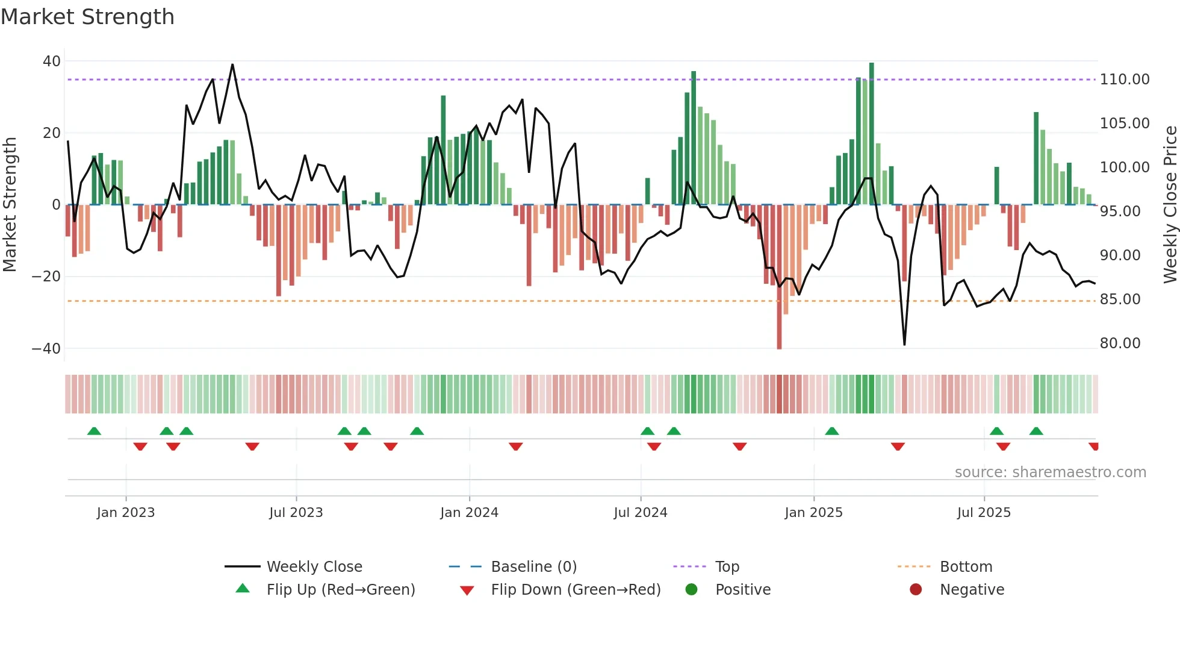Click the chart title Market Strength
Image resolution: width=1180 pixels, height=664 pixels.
(x=87, y=17)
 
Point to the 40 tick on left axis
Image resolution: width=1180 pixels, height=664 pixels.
(x=52, y=61)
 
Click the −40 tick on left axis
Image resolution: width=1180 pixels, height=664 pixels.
(x=46, y=348)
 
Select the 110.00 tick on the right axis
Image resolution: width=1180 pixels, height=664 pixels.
(x=1125, y=80)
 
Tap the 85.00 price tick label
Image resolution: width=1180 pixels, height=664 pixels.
(x=1120, y=299)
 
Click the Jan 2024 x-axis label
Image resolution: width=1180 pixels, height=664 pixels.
(x=469, y=513)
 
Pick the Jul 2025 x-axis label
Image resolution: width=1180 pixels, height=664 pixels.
(x=984, y=513)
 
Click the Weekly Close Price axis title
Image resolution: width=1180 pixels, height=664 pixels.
(x=1170, y=204)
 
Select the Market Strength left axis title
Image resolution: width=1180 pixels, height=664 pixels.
(x=10, y=204)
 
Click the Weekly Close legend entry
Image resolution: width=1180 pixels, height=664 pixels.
(x=314, y=567)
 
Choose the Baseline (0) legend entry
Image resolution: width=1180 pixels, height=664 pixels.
(x=533, y=567)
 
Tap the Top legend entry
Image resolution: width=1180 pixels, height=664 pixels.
(x=727, y=567)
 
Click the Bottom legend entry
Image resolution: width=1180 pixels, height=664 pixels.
(x=966, y=567)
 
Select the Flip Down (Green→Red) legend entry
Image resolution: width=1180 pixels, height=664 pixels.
(x=575, y=590)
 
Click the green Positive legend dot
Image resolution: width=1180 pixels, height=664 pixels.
(x=691, y=590)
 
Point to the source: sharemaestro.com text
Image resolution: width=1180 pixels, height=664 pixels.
(x=1050, y=472)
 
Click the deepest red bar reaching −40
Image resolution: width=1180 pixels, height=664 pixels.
(x=779, y=277)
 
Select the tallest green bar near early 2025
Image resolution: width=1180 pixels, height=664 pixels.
(x=871, y=133)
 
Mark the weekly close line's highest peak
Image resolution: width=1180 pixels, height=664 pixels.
(x=232, y=64)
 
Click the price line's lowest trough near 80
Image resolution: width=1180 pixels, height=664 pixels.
(x=904, y=344)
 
